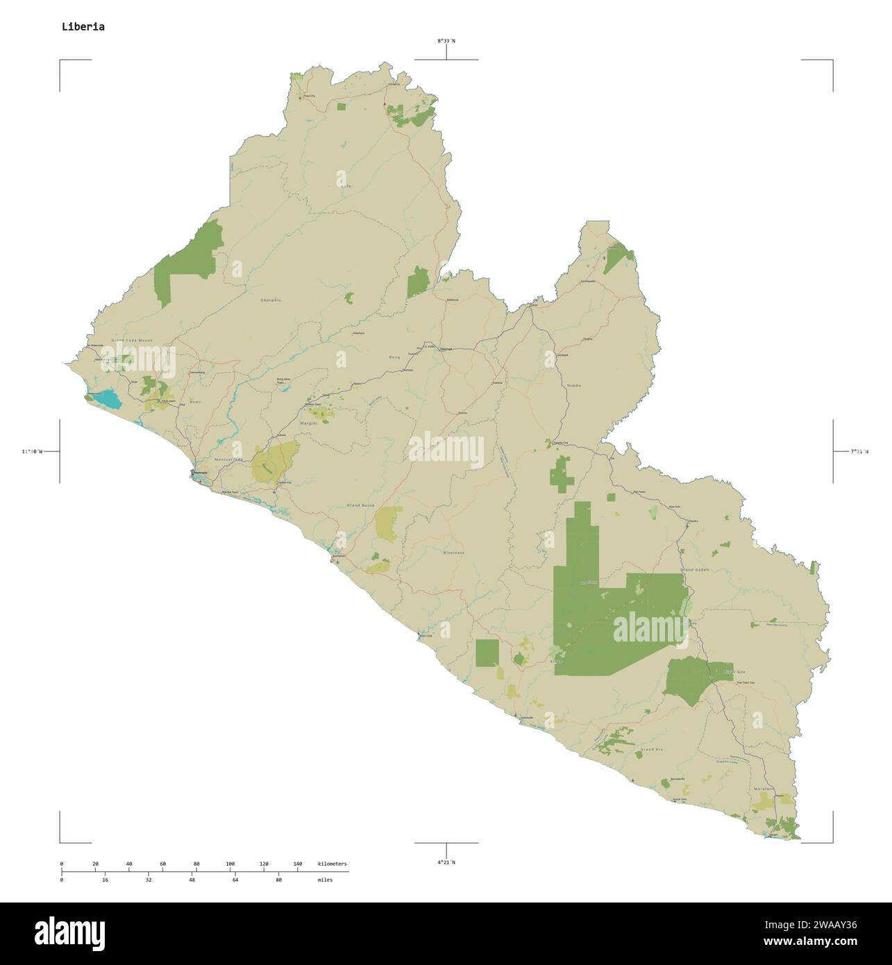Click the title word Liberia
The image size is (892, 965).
click(x=83, y=27)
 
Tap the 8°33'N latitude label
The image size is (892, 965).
click(x=446, y=41)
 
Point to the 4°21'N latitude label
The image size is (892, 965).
click(x=446, y=862)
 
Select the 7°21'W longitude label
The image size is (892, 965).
click(x=859, y=451)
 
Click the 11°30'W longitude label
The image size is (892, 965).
click(x=31, y=452)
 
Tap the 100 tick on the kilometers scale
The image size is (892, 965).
click(x=230, y=864)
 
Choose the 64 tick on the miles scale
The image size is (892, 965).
click(x=235, y=880)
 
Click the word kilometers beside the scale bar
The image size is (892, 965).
click(x=332, y=864)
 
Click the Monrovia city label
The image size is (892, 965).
click(x=201, y=473)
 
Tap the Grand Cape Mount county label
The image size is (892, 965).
click(x=131, y=341)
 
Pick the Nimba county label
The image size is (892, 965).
click(x=574, y=385)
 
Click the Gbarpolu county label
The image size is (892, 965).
click(x=271, y=300)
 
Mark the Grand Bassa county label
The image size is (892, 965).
click(x=360, y=505)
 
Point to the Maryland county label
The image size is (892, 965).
click(x=764, y=790)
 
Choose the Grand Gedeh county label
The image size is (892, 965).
click(x=696, y=569)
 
